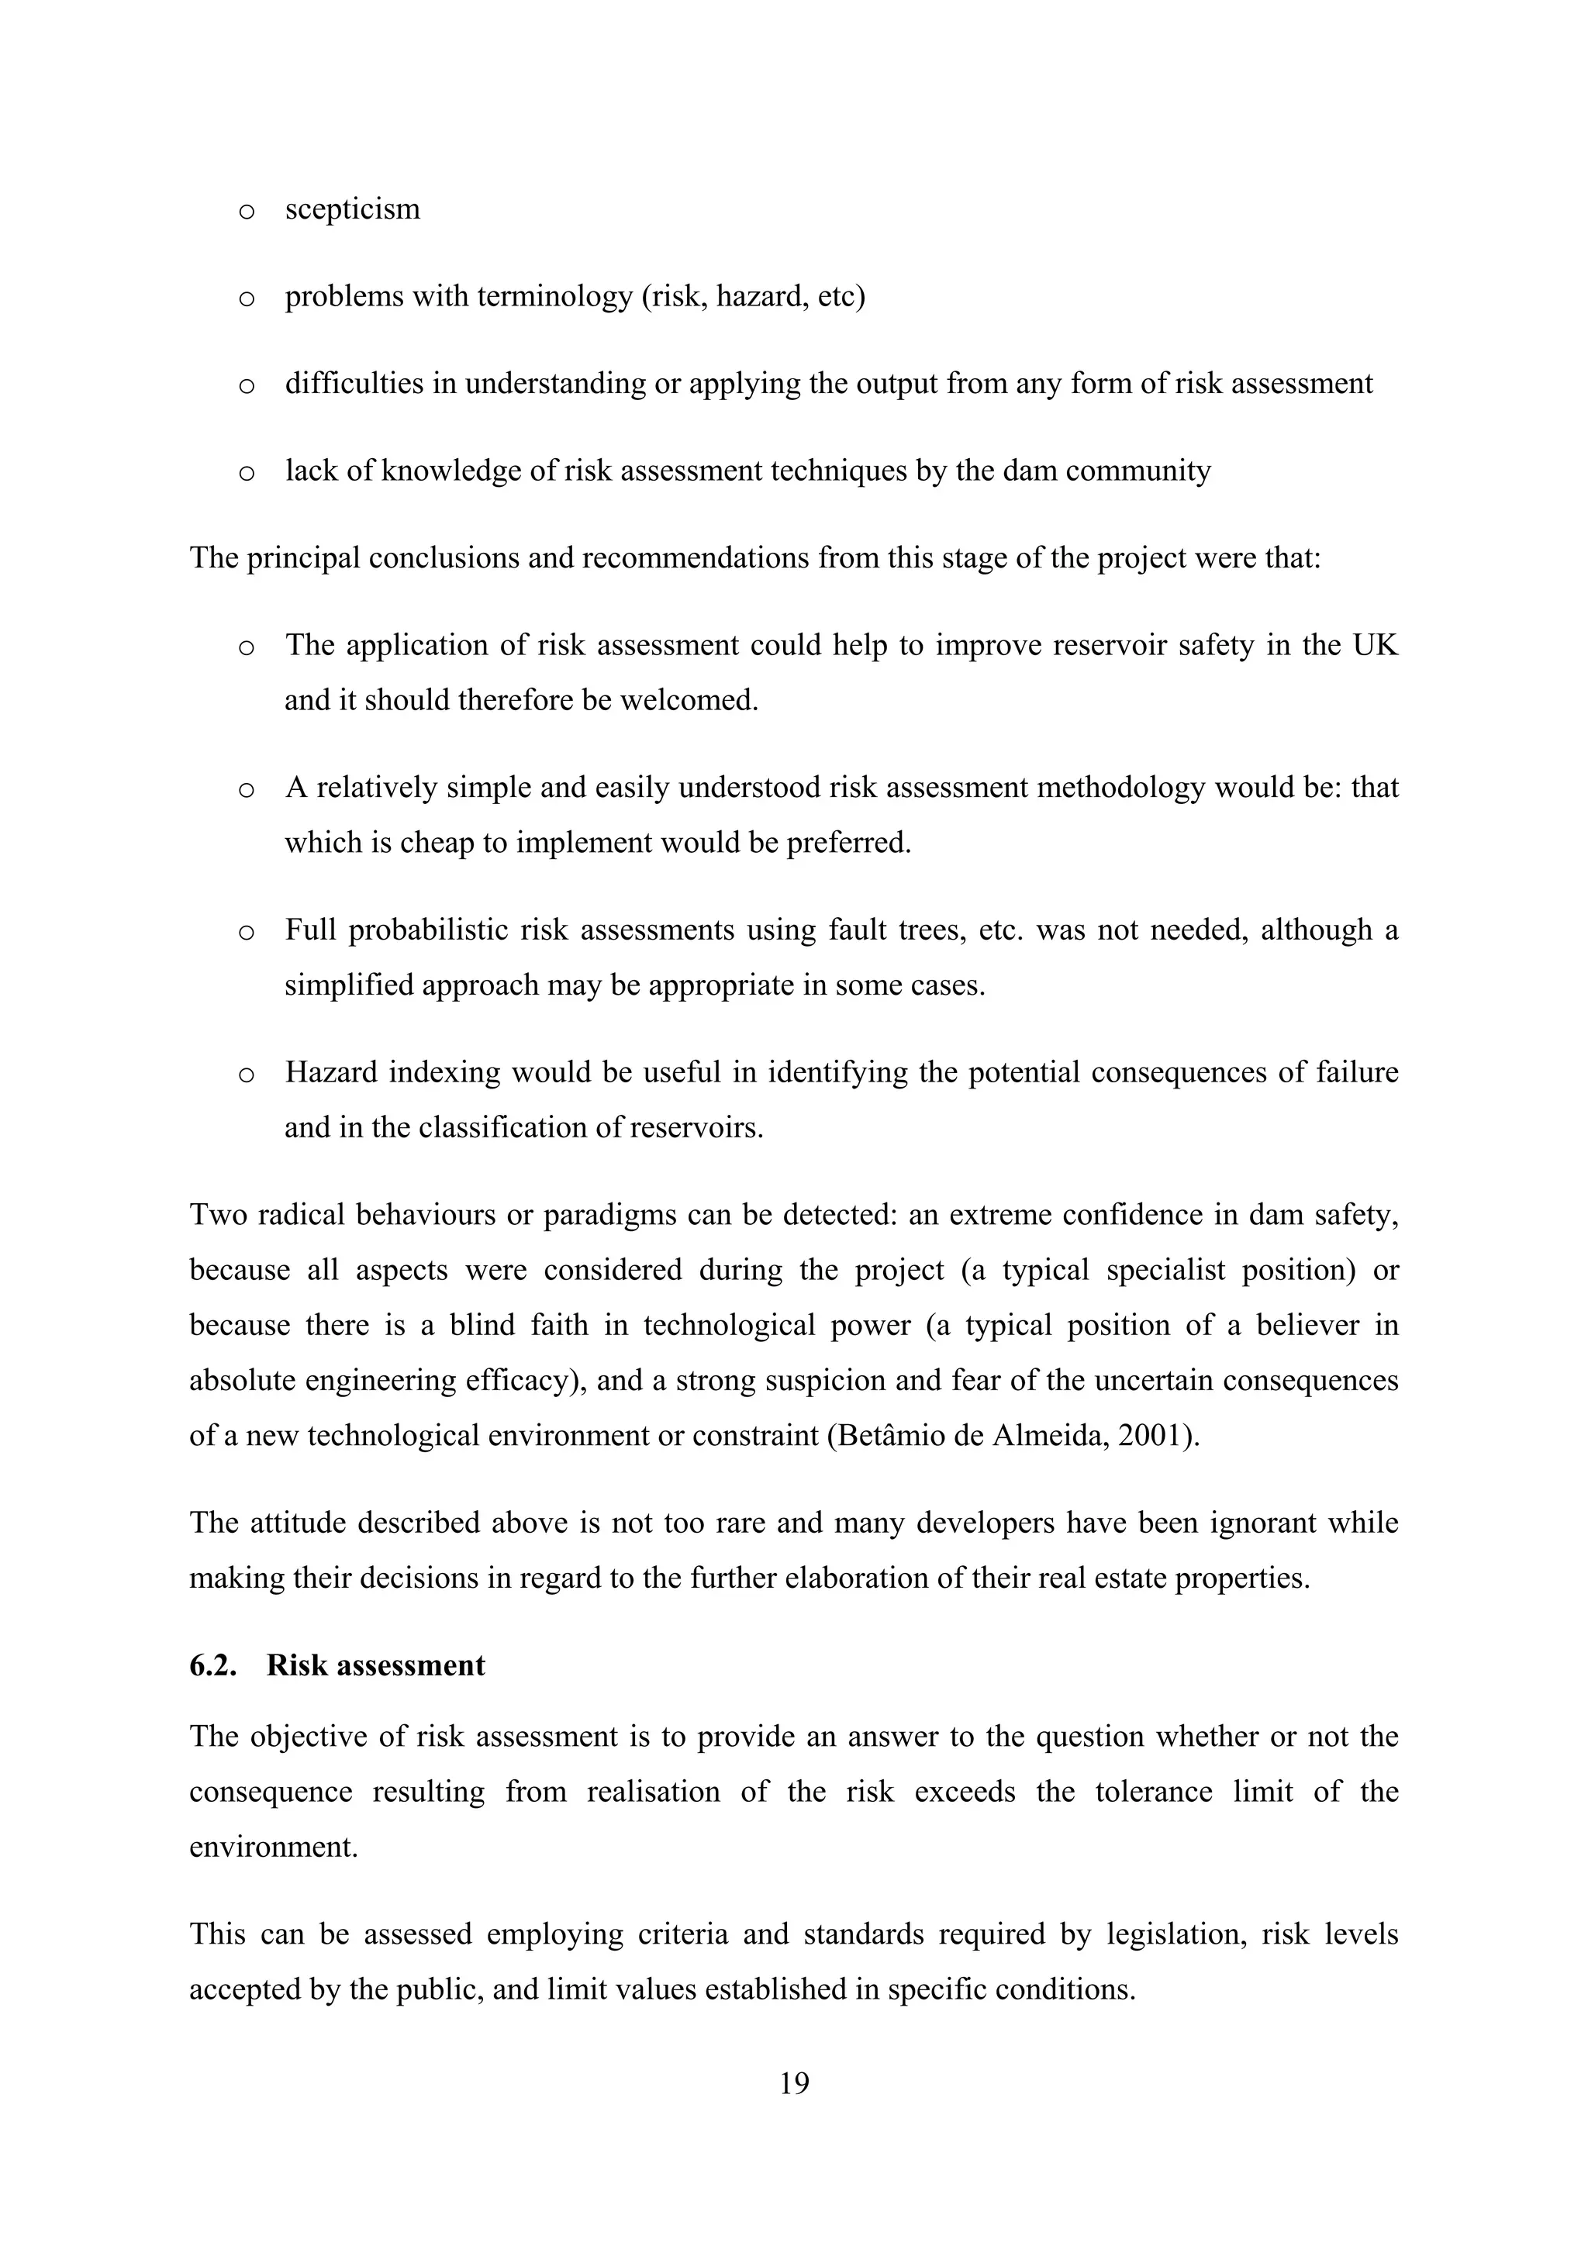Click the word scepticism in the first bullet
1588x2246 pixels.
[352, 209]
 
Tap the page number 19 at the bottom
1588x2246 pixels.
[793, 2084]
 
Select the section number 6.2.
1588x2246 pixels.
[212, 1666]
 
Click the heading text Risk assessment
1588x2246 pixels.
[376, 1666]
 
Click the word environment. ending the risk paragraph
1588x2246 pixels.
[273, 1847]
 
